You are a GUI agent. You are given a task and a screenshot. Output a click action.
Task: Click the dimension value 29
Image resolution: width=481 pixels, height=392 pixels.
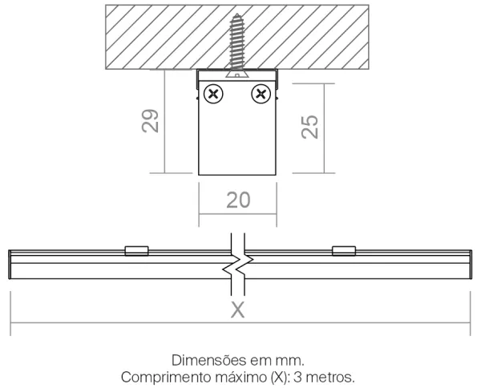151,121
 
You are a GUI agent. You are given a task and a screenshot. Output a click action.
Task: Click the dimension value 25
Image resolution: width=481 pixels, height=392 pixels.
309,127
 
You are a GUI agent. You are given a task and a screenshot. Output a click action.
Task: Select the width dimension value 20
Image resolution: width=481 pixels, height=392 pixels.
238,200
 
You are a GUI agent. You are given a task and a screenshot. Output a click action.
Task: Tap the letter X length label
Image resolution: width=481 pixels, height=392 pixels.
238,309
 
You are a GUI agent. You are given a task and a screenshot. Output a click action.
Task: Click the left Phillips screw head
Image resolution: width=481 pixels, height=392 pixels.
213,94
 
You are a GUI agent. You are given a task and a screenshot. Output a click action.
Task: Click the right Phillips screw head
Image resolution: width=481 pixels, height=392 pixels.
261,94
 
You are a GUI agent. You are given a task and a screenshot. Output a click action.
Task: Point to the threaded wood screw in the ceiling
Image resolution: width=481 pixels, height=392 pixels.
237,44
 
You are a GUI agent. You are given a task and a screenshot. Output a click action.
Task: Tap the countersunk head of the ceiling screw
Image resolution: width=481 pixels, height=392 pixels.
237,74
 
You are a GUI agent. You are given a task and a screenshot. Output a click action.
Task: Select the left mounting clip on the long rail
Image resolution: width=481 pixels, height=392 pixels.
137,251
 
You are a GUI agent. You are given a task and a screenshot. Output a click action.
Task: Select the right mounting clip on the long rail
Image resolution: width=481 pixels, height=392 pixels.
344,251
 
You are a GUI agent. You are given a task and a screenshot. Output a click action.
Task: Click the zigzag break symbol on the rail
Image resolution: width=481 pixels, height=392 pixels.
238,264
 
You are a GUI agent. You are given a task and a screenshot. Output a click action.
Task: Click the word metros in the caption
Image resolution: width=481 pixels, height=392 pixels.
330,377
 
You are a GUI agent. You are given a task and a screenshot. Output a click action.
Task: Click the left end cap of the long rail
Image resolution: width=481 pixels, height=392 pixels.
10,265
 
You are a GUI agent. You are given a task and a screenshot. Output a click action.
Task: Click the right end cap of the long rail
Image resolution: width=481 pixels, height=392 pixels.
471,265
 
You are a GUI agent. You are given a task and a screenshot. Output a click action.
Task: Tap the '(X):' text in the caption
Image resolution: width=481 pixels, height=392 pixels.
280,378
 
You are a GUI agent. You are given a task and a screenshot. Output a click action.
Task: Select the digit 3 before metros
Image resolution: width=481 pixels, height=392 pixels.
297,377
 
